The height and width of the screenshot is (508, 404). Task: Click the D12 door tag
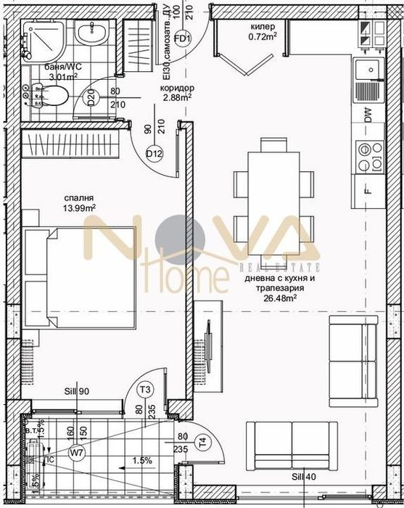(153, 153)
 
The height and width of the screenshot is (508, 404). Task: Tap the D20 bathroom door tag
(92, 98)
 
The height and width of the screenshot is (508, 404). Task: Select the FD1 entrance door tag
(182, 38)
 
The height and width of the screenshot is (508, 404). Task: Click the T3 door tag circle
(145, 390)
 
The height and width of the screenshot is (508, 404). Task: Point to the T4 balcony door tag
(202, 441)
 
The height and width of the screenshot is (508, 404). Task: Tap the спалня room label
(78, 197)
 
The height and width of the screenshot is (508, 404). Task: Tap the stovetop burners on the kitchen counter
(368, 155)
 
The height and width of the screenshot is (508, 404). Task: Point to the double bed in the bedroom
(80, 279)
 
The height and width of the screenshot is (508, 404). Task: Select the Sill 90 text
(75, 392)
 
